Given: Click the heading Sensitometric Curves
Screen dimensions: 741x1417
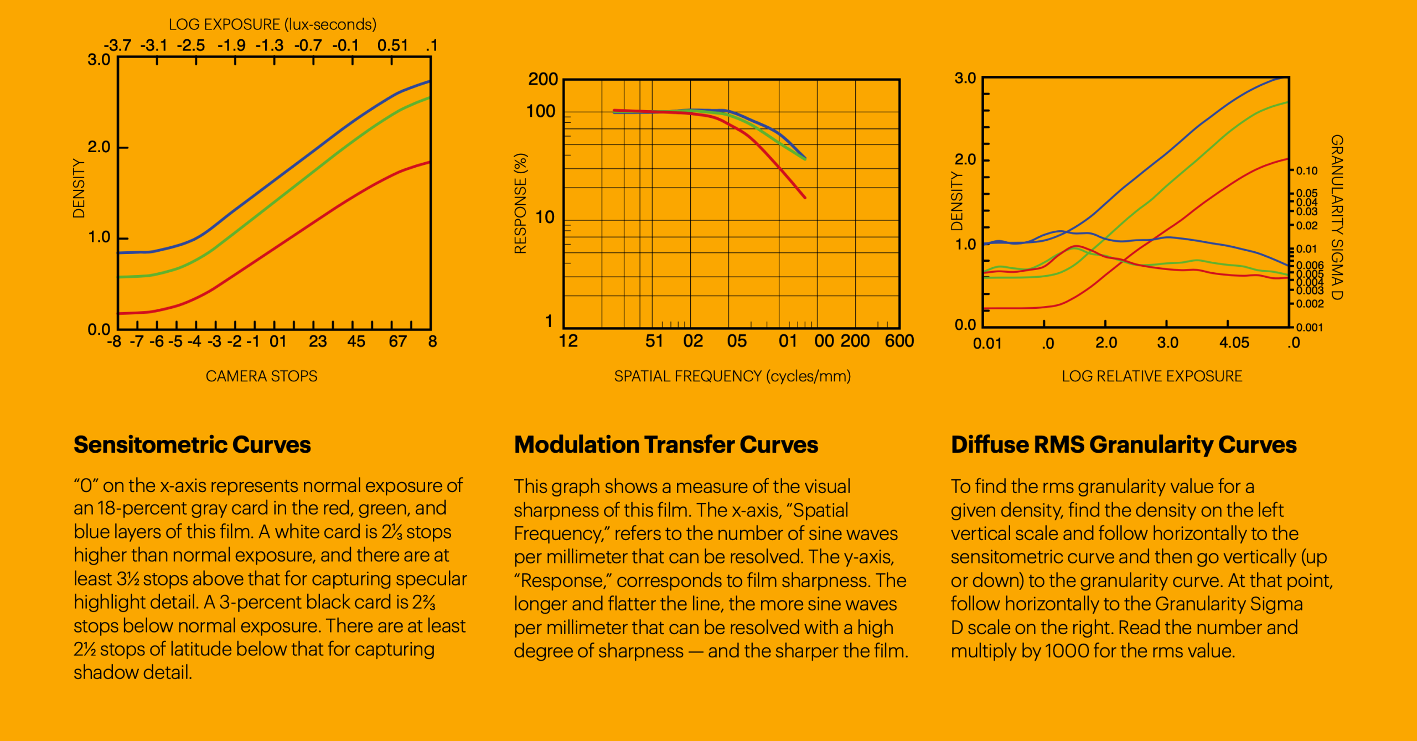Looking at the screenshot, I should click(x=192, y=445).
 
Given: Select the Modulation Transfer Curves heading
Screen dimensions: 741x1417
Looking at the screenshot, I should click(x=666, y=445).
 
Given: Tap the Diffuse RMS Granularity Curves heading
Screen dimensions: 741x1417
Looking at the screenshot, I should click(x=1124, y=445).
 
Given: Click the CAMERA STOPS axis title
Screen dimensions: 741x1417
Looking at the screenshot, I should click(x=261, y=376).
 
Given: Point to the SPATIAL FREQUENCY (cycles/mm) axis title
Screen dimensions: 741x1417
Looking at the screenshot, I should click(x=732, y=376).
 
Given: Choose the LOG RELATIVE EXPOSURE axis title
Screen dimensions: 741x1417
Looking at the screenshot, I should click(x=1152, y=376).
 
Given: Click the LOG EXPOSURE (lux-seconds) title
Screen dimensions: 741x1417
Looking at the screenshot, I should click(x=272, y=24).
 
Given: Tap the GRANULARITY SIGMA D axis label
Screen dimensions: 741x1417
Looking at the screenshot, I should click(x=1337, y=217).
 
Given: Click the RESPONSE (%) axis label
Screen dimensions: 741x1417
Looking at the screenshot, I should click(x=520, y=204).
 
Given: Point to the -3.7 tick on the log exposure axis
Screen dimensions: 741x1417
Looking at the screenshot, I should click(x=118, y=45).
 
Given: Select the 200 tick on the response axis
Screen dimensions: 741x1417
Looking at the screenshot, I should click(x=543, y=80).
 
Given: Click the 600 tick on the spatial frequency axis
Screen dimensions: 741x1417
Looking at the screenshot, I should click(x=899, y=341).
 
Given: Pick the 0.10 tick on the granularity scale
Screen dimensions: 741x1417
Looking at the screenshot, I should click(x=1307, y=171).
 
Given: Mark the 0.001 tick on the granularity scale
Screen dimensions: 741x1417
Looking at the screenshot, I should click(x=1310, y=328).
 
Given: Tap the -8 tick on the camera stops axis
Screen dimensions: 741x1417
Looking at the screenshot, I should click(x=114, y=341).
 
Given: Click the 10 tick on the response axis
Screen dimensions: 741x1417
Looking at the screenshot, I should click(x=545, y=217).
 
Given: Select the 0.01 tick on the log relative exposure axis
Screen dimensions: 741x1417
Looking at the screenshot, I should click(x=987, y=344).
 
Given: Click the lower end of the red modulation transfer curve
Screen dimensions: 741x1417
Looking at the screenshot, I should click(x=804, y=197).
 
